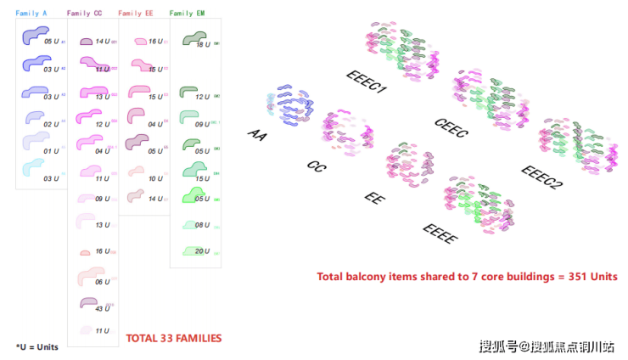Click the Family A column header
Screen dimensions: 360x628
32,14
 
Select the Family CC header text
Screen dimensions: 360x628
85,14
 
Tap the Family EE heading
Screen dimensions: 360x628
136,14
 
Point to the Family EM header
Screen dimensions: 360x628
188,14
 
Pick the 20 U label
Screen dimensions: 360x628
202,252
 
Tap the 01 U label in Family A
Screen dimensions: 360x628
51,151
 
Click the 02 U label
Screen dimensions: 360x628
51,123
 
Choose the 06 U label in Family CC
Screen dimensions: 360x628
103,282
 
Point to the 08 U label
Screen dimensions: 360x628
202,226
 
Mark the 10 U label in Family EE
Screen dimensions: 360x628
155,179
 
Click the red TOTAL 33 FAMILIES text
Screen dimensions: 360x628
173,339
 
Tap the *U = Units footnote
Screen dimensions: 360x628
36,346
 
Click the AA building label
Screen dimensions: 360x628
256,136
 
